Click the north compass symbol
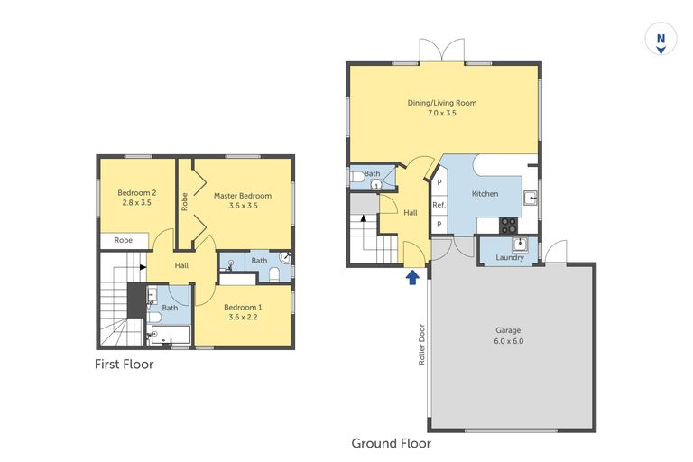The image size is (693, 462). click(661, 42)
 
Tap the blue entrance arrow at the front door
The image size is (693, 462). click(412, 277)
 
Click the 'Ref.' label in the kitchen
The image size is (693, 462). click(439, 205)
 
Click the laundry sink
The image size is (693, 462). click(520, 244)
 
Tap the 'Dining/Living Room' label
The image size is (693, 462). click(441, 103)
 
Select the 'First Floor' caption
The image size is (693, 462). click(125, 365)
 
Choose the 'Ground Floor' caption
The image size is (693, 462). click(391, 443)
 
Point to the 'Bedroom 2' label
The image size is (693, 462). click(137, 192)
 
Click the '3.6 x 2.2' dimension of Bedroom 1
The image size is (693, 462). click(242, 317)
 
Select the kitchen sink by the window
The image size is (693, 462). click(532, 199)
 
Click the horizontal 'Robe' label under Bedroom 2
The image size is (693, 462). click(124, 241)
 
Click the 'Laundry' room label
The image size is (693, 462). click(510, 258)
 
